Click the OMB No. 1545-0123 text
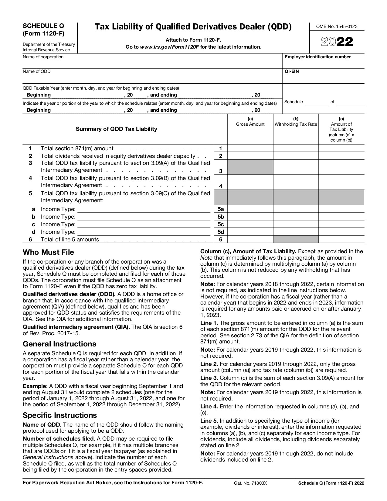(x=337, y=26)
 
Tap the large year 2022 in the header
(x=337, y=42)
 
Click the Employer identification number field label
(x=317, y=57)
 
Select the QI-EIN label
(x=291, y=72)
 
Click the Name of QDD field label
(x=37, y=72)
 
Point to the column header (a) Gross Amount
(x=250, y=122)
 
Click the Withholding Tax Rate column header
(x=296, y=124)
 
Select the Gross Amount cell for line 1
(x=250, y=148)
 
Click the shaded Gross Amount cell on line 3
(x=250, y=167)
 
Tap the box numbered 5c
(x=221, y=224)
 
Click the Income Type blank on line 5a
(x=144, y=209)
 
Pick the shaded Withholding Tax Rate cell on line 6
(x=296, y=240)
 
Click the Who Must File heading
(x=48, y=253)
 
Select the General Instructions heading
(x=59, y=344)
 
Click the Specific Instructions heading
(x=60, y=415)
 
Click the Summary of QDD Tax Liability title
(x=116, y=129)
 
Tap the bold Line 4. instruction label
(x=209, y=407)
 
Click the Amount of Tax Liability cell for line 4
(x=341, y=182)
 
